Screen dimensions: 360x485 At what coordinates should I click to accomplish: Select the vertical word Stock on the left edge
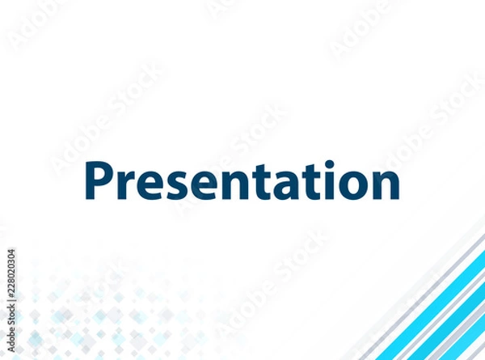click(11, 316)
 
